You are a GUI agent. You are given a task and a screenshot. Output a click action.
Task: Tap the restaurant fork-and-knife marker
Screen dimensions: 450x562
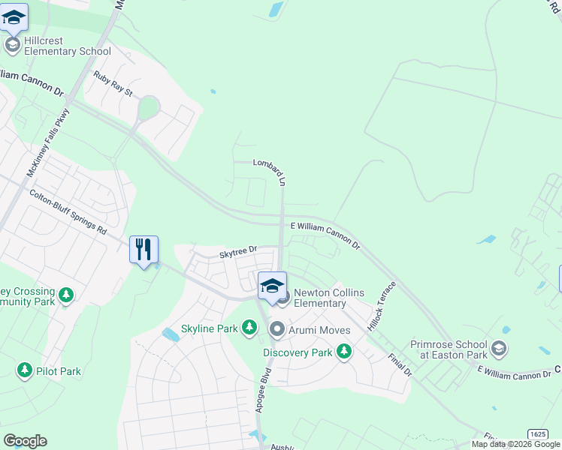click(144, 249)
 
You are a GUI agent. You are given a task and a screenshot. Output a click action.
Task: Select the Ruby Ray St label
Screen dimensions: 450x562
click(113, 83)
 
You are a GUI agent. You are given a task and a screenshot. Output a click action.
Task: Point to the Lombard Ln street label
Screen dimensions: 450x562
click(271, 172)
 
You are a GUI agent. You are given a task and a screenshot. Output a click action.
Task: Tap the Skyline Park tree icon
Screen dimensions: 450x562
click(249, 328)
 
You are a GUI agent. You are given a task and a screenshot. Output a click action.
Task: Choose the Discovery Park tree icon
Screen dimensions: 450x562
click(344, 351)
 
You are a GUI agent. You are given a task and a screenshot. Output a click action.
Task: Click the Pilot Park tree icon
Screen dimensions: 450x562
click(25, 370)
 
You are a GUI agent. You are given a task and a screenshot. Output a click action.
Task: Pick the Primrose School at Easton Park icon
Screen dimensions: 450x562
click(498, 349)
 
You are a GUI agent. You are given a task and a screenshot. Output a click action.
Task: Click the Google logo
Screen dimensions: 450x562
click(25, 441)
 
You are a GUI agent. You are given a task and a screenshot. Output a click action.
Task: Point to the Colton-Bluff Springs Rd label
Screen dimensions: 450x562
click(68, 212)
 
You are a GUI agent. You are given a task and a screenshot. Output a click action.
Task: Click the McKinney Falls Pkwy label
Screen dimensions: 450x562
click(48, 142)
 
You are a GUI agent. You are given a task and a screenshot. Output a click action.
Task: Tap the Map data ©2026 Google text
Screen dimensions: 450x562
click(515, 444)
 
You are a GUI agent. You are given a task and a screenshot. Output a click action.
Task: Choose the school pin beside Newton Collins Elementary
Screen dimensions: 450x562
click(272, 286)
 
